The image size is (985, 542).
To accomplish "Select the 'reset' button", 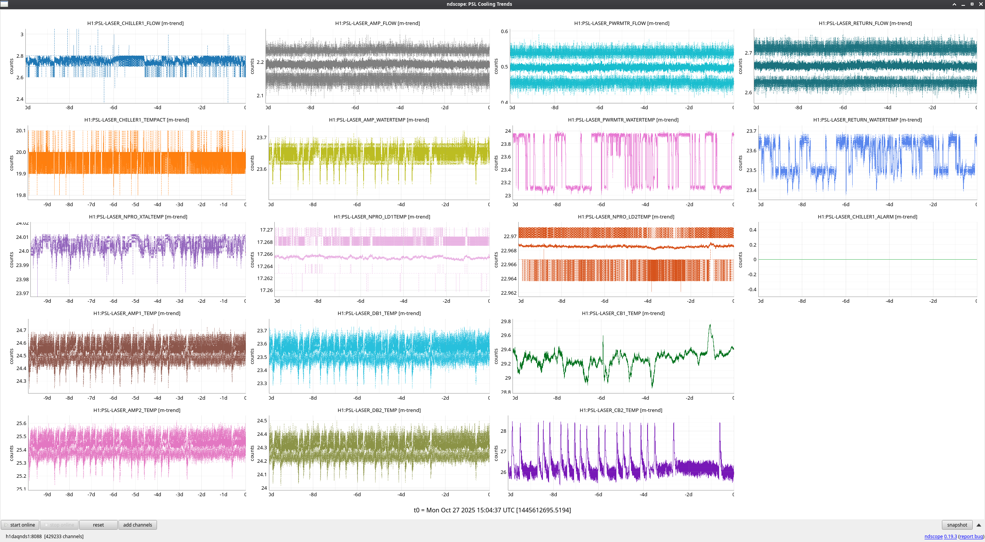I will coord(98,525).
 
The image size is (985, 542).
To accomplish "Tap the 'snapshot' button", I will coord(957,525).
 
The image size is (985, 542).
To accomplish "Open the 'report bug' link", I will coord(971,536).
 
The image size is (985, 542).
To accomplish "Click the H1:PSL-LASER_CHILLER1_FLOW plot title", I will coord(135,23).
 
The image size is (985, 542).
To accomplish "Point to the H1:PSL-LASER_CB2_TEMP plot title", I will coord(621,410).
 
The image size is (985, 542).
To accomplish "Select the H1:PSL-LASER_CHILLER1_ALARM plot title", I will coord(867,217).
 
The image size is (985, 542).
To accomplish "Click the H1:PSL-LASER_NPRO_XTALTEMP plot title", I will coord(138,217).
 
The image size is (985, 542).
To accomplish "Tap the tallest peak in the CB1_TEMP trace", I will coord(710,325).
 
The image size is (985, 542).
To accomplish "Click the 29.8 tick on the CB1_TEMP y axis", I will coord(506,321).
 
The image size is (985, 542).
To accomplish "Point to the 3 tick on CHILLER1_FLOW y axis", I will coord(22,34).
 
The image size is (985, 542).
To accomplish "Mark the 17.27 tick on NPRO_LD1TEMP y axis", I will coord(266,230).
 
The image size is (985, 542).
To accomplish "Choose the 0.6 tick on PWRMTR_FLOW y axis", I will coord(504,31).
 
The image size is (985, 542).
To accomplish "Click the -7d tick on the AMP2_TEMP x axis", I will coord(91,494).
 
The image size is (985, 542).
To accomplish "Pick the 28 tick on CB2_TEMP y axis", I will coord(503,431).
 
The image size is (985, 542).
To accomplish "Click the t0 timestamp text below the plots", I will coord(492,510).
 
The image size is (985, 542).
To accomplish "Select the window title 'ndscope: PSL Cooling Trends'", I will coord(479,4).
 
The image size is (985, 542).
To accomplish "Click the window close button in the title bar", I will coord(980,4).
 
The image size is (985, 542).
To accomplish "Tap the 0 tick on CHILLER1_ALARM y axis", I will coord(755,259).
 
